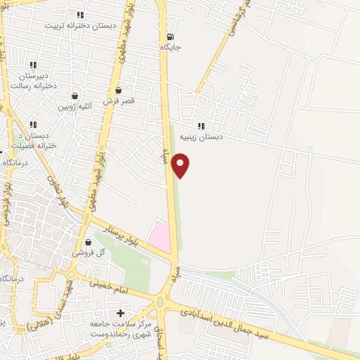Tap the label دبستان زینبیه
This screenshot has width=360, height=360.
coord(201,137)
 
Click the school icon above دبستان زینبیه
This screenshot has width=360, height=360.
coord(201,126)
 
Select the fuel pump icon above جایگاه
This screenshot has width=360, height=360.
coord(171,37)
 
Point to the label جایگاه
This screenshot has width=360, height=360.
coord(171,47)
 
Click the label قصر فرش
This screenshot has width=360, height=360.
coord(119,101)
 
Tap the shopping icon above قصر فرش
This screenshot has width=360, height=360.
coord(119,90)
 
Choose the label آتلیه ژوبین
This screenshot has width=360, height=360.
coord(75,107)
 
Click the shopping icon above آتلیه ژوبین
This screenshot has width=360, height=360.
coord(75,96)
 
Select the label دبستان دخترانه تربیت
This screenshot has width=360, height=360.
coord(79,25)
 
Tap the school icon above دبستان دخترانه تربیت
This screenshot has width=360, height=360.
coord(79,14)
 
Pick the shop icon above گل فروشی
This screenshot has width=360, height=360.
coord(88,241)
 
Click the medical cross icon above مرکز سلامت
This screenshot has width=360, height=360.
coord(120,313)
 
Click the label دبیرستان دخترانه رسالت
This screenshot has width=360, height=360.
coord(33,79)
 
